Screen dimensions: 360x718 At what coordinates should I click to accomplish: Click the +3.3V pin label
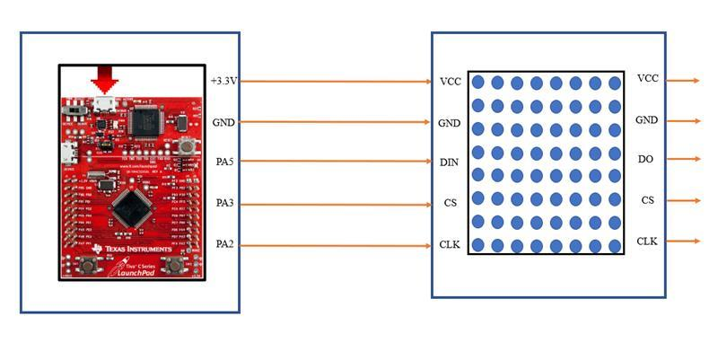coord(224,81)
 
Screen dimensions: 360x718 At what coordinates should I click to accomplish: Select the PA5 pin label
coord(224,162)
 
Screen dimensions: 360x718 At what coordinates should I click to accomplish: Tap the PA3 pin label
coord(224,204)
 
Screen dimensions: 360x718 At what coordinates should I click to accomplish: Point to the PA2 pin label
coord(224,243)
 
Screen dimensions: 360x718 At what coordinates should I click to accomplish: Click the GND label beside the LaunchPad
coord(223,122)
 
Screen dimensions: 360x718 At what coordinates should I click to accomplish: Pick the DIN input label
coord(450,162)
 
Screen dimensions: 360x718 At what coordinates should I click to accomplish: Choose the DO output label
coord(646,159)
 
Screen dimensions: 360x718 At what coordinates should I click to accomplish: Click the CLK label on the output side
coord(647,241)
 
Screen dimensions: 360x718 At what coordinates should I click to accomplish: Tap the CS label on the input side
coord(450,204)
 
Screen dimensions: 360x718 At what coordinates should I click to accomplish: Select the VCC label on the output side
coord(647,79)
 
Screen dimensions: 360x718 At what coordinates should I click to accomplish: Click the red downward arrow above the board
coord(105,80)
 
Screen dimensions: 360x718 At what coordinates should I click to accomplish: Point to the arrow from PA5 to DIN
coord(337,162)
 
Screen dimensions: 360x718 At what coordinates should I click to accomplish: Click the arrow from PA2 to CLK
coord(337,244)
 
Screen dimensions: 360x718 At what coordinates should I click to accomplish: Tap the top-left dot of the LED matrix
coord(478,83)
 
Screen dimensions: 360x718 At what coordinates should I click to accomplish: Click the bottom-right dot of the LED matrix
coord(615,245)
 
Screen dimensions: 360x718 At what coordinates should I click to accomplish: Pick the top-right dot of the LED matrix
coord(615,83)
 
